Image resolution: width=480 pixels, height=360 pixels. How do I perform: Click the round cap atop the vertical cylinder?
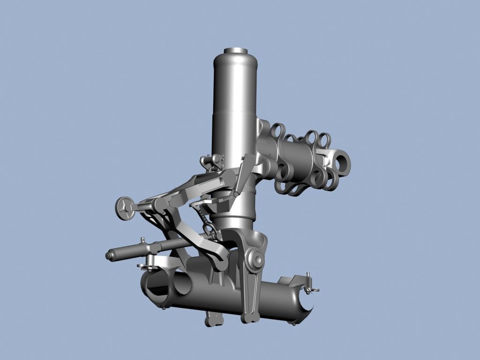click(x=235, y=50)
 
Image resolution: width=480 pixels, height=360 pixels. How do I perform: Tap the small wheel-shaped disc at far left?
click(x=125, y=209)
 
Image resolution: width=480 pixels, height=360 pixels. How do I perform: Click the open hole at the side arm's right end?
click(x=342, y=162)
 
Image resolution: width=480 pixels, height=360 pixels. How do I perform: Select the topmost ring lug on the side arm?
click(x=278, y=131)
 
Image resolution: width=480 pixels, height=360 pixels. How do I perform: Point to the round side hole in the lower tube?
click(x=182, y=284)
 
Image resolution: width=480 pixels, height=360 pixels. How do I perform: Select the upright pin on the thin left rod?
click(x=143, y=242)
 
